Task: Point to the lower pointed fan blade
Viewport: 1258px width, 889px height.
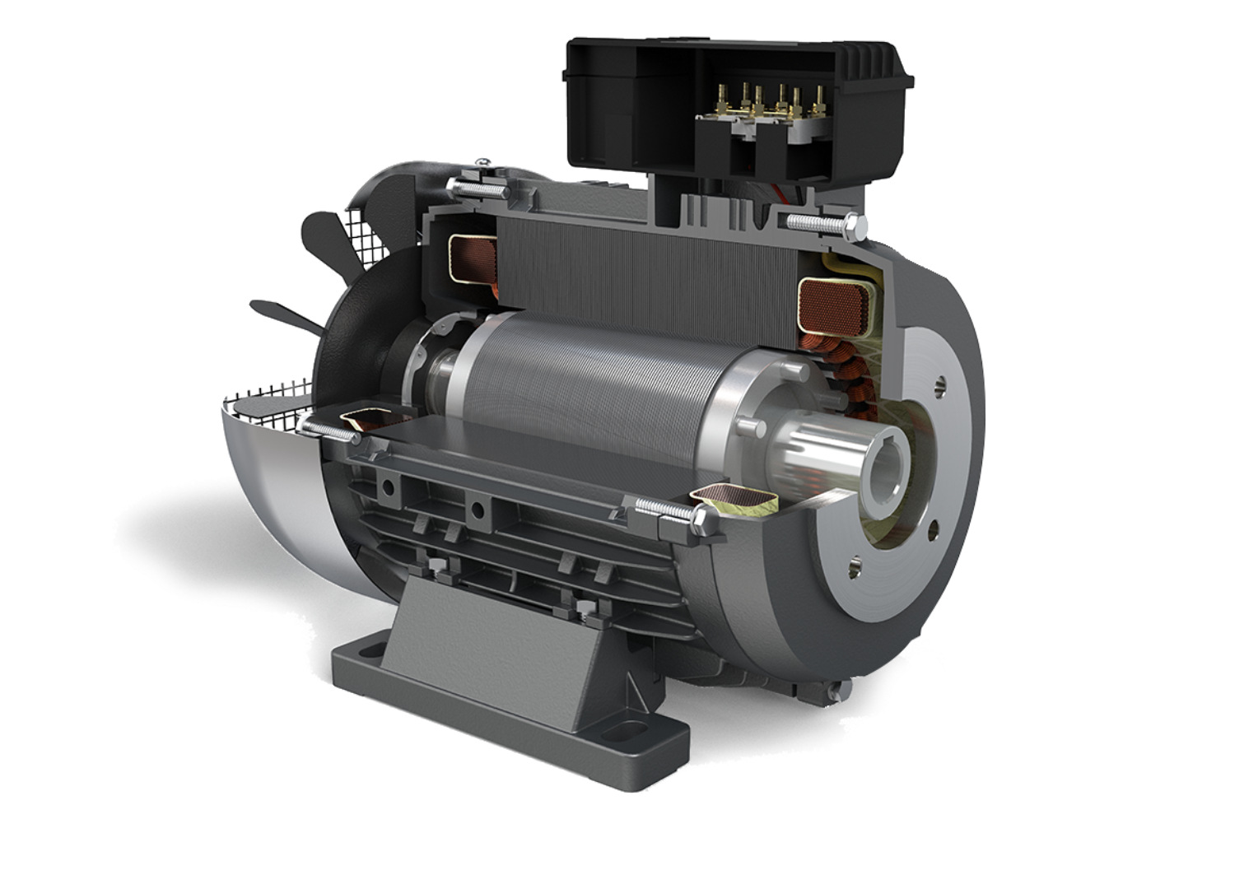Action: click(280, 311)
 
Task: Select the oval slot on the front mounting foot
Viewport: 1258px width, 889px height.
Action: click(613, 731)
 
